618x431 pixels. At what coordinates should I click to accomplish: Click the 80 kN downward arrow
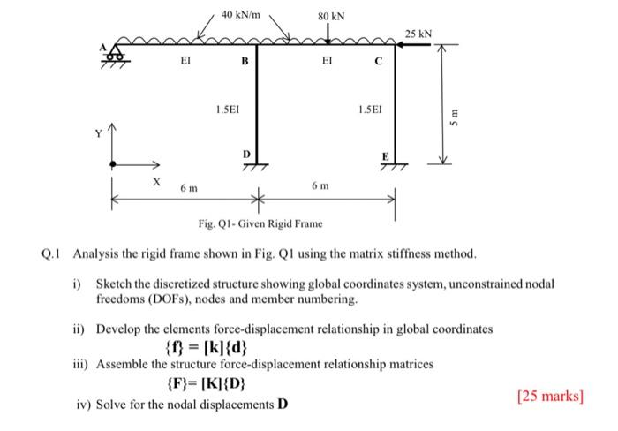pyautogui.click(x=328, y=32)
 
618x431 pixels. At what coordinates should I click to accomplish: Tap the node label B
pyautogui.click(x=245, y=63)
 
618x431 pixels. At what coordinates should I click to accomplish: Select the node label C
pyautogui.click(x=378, y=62)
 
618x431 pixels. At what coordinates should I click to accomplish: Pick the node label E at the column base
pyautogui.click(x=384, y=155)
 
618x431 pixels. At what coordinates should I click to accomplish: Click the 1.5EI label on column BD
pyautogui.click(x=229, y=110)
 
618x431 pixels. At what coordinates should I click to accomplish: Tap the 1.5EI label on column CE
pyautogui.click(x=371, y=110)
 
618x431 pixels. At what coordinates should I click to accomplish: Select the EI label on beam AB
pyautogui.click(x=184, y=62)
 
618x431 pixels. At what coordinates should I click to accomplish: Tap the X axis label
pyautogui.click(x=155, y=181)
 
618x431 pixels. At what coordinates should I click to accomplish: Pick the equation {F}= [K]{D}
pyautogui.click(x=207, y=385)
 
